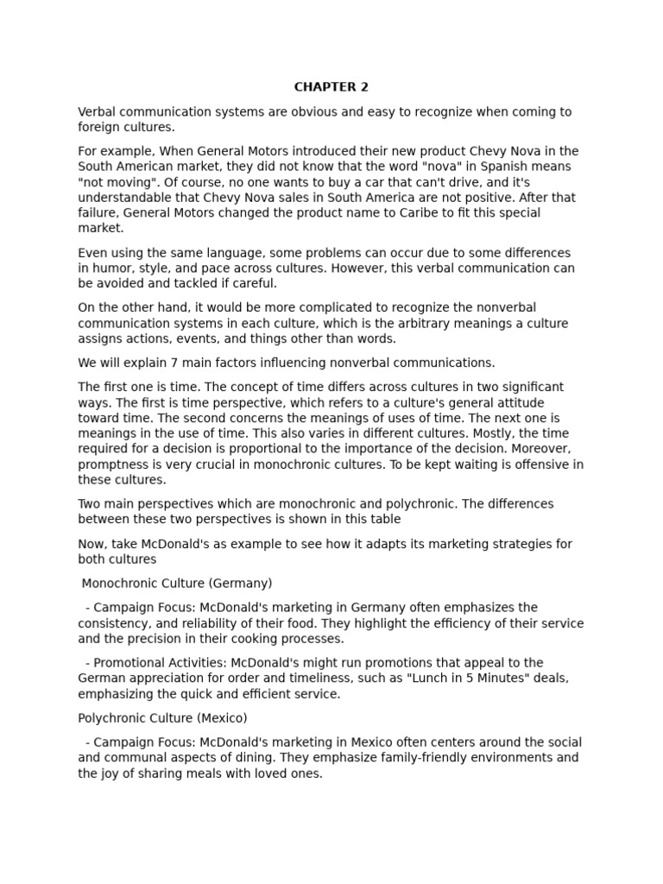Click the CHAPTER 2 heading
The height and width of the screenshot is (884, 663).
pos(331,86)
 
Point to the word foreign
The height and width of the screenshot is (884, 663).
pos(100,127)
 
